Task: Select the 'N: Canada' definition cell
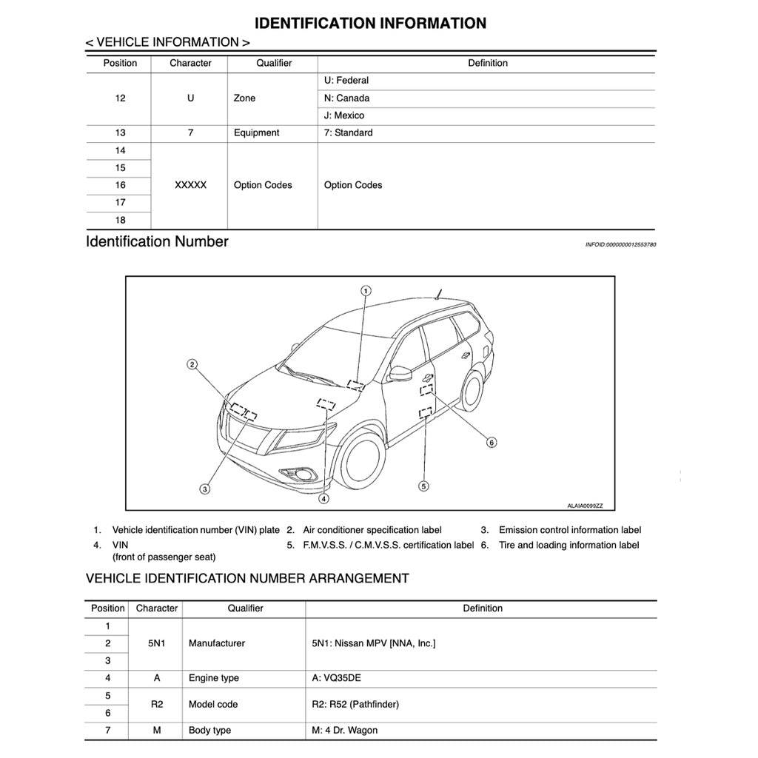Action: pos(346,98)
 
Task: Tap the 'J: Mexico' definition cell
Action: pos(344,115)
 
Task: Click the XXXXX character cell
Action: pos(190,185)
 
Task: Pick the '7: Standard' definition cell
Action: pos(348,133)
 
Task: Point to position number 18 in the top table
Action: pos(120,220)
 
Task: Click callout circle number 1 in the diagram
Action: pos(366,290)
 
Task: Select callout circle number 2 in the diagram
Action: pos(192,364)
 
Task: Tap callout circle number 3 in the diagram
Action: pos(205,488)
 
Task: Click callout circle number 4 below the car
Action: pos(323,499)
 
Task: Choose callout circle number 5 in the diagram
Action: pos(423,486)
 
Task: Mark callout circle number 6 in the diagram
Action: pos(491,443)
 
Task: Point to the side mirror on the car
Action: pos(400,374)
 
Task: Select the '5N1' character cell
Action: pos(156,643)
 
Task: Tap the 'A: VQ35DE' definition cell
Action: pos(337,678)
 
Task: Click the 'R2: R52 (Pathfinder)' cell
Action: pos(355,704)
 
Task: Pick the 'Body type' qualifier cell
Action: pos(210,731)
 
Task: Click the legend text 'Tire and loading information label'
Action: pos(568,546)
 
